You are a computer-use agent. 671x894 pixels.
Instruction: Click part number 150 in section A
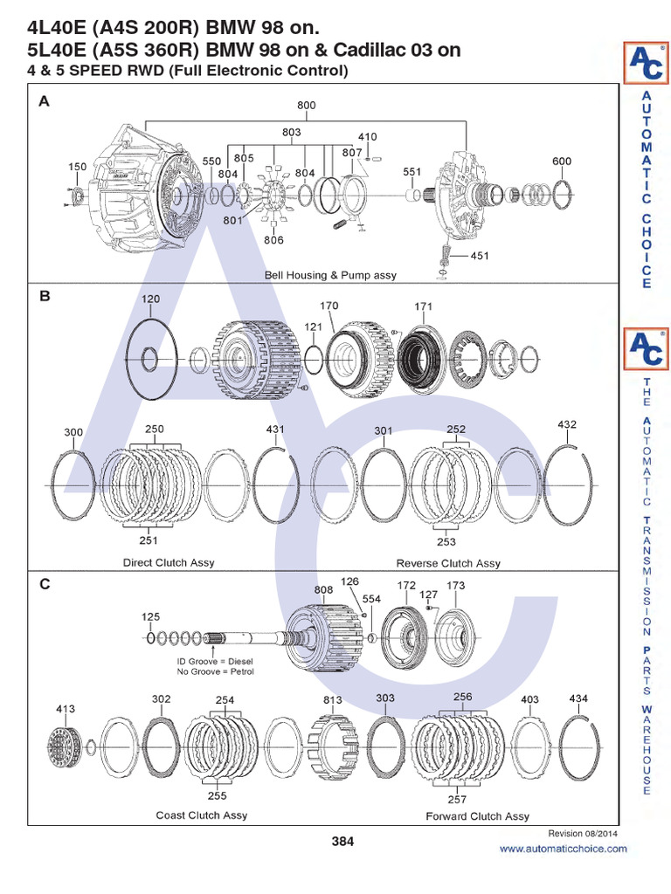(x=77, y=166)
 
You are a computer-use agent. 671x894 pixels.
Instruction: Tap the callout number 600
(x=562, y=161)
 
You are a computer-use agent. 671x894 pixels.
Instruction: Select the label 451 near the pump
(x=480, y=256)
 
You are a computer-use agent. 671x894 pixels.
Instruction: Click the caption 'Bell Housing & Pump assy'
(x=330, y=275)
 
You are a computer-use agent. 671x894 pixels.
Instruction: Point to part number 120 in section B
(x=150, y=299)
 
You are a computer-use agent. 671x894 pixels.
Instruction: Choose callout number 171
(x=424, y=306)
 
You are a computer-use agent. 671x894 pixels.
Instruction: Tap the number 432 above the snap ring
(x=567, y=424)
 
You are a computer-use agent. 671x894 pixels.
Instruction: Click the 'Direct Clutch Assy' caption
(x=169, y=562)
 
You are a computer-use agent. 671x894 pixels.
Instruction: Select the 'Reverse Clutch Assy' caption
(x=448, y=563)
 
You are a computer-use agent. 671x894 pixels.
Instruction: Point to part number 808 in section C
(x=323, y=589)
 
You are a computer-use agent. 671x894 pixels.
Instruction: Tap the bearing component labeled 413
(x=66, y=746)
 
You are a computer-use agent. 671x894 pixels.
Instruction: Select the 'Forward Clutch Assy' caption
(x=477, y=816)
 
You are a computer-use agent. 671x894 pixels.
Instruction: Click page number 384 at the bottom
(x=342, y=842)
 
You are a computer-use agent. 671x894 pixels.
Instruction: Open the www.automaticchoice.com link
(x=563, y=849)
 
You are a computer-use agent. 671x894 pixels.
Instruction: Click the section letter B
(x=45, y=296)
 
